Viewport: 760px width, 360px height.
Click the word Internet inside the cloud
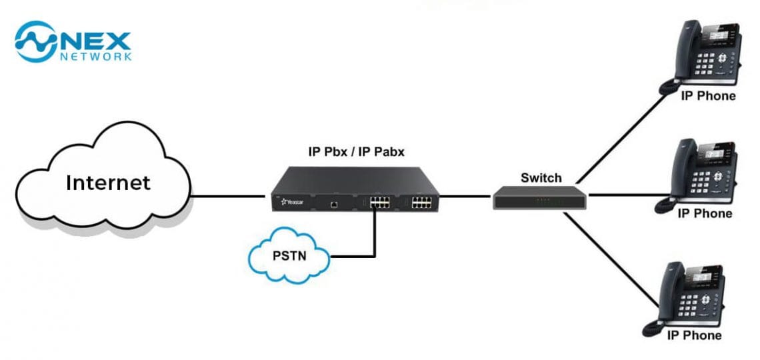pyautogui.click(x=108, y=182)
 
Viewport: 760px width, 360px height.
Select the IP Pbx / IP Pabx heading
pyautogui.click(x=355, y=152)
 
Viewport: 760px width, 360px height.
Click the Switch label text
pyautogui.click(x=541, y=178)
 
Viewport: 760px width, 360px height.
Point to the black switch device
pyautogui.click(x=541, y=197)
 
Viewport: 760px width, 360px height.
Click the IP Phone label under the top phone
pyautogui.click(x=708, y=96)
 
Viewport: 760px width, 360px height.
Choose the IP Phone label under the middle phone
pyautogui.click(x=705, y=213)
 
